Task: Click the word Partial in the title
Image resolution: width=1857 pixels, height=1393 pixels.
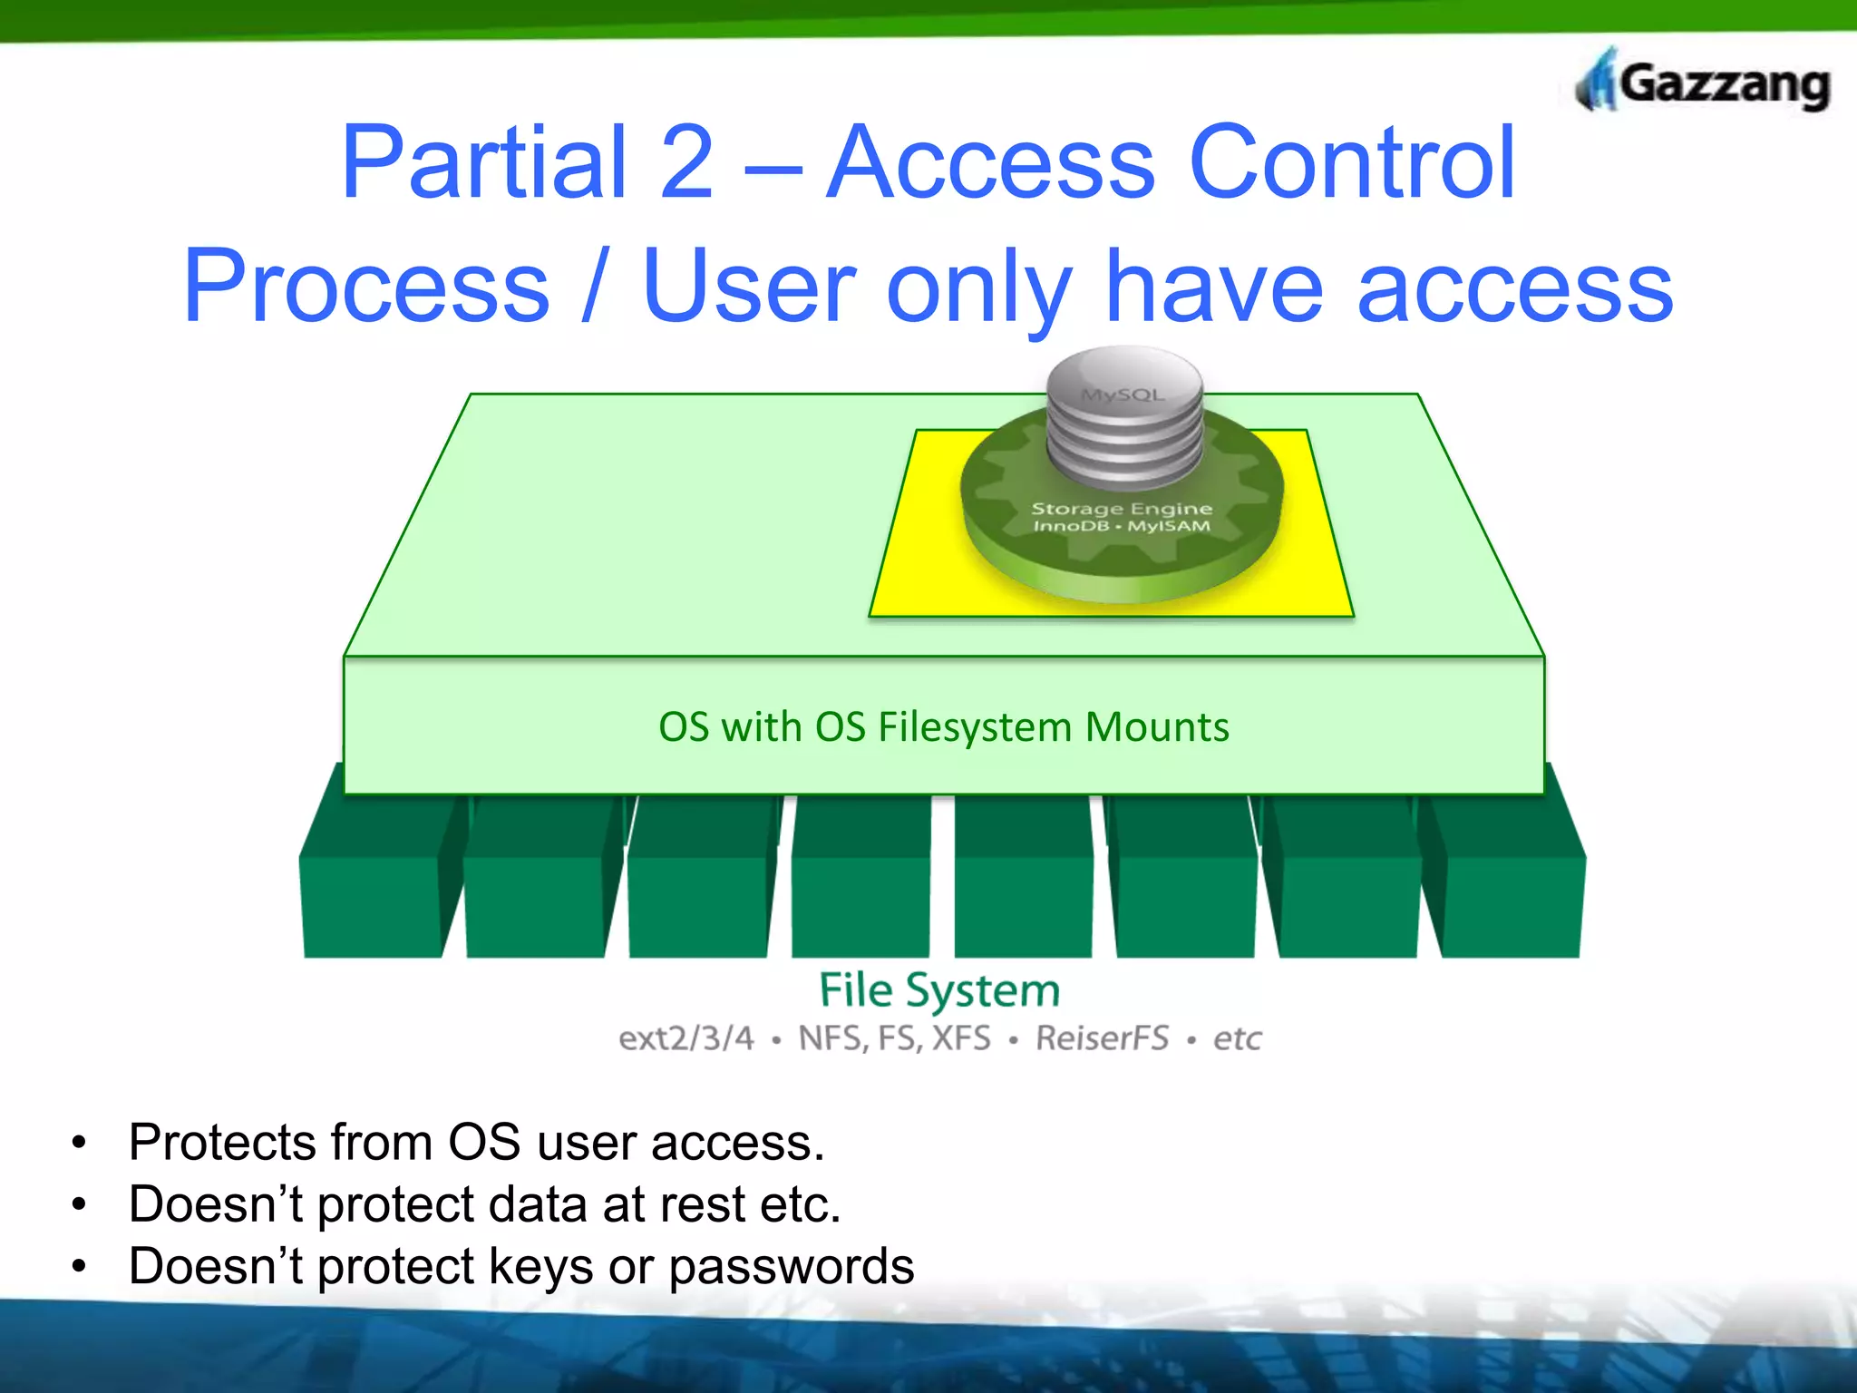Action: click(484, 163)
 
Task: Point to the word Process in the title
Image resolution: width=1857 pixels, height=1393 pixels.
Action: click(366, 287)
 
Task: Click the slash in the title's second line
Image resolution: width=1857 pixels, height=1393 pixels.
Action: click(594, 287)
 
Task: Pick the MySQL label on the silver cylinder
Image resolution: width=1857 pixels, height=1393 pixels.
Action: click(1123, 395)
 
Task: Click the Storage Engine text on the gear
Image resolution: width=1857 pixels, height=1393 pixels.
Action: click(1122, 509)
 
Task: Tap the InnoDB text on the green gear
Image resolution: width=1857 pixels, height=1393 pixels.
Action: click(1071, 527)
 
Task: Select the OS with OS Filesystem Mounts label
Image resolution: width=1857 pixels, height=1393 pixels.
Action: click(943, 727)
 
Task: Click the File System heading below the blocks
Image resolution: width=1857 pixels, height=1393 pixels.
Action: click(939, 989)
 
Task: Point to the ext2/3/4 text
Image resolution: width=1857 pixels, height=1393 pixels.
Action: click(686, 1038)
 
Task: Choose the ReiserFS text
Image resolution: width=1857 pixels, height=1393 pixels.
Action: click(1102, 1038)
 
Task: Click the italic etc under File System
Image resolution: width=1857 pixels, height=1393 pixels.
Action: click(1237, 1038)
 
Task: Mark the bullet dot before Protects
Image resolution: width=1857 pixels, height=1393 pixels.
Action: click(80, 1142)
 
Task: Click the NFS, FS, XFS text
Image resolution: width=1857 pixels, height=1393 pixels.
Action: click(894, 1038)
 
